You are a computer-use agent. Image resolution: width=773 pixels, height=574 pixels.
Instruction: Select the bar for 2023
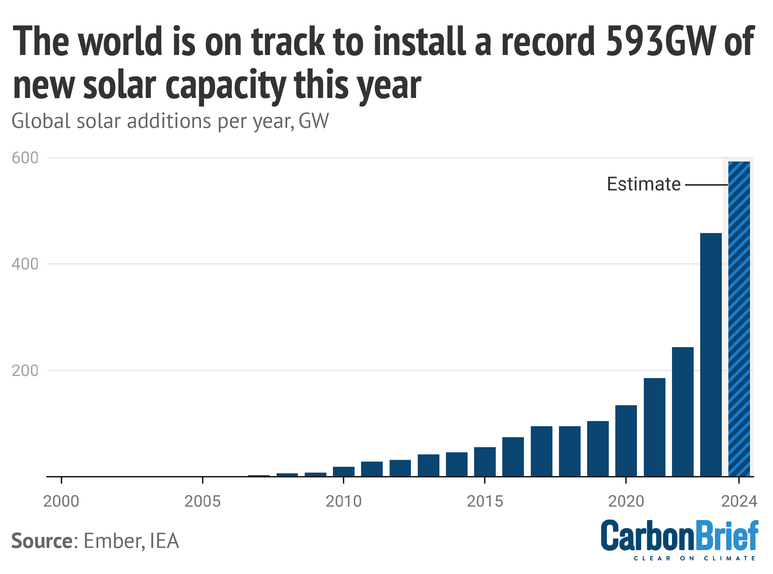coord(710,354)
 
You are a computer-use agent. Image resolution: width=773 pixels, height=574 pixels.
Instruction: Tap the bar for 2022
coord(682,412)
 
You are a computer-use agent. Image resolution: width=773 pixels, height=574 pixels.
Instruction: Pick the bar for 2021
coord(654,427)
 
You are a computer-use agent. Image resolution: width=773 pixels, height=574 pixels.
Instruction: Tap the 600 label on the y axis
coord(25,158)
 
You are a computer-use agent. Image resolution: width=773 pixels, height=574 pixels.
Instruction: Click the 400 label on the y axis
coord(25,264)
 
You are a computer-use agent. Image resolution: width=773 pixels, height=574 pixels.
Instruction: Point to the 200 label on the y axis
coord(25,371)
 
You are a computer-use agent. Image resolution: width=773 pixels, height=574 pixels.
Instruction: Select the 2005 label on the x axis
coord(202,501)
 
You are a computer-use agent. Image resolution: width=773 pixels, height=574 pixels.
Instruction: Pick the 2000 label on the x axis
coord(61,501)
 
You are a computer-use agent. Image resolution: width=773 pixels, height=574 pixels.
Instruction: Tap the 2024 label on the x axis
coord(739,501)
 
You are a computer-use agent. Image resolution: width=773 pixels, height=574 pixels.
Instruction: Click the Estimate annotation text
coord(643,184)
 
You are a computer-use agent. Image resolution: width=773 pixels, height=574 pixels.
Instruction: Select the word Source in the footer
coord(42,541)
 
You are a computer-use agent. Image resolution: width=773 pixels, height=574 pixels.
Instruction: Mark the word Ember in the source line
coord(112,541)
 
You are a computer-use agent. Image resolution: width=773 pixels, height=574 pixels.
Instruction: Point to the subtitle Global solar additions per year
coord(170,121)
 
